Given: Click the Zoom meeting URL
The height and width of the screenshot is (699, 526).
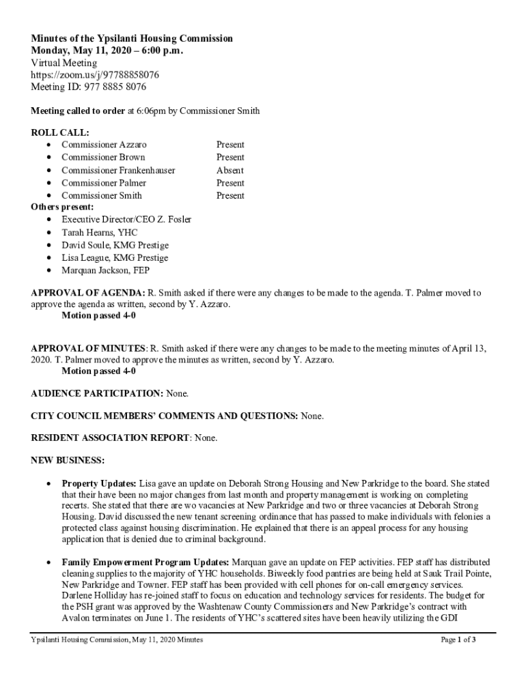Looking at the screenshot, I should [95, 75].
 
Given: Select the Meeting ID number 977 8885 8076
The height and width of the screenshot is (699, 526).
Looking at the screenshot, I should [114, 87].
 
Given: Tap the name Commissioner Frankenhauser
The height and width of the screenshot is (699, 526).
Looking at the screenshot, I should [118, 170].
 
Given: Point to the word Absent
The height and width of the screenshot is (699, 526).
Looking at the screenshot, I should [230, 170].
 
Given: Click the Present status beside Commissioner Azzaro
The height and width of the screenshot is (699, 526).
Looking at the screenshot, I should [230, 145].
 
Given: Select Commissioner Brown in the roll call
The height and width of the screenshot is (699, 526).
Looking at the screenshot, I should [103, 157].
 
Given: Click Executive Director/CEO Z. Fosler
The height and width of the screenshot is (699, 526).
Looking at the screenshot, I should [126, 219].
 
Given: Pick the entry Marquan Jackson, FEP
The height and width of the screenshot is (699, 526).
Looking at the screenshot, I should [105, 270].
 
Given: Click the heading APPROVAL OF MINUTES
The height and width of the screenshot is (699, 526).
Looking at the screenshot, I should [89, 348].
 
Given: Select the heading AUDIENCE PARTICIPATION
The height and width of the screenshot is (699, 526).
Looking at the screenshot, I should [96, 394].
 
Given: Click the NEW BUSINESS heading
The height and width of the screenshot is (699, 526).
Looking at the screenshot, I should [68, 459].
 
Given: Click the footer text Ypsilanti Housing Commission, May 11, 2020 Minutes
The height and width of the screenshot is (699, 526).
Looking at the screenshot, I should [117, 640].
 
